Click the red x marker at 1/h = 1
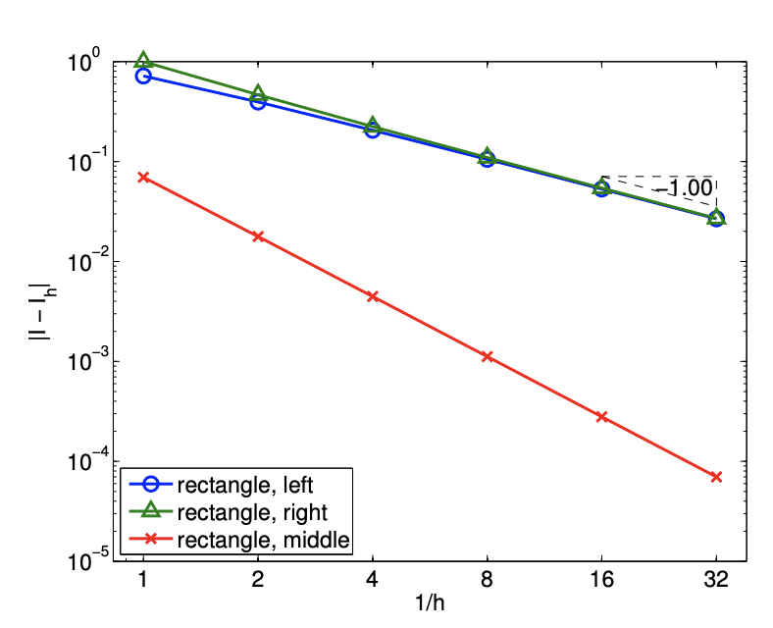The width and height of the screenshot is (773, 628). click(x=143, y=177)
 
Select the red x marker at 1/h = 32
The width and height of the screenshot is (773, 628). click(x=716, y=477)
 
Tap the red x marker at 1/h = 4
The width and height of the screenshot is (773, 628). click(x=373, y=296)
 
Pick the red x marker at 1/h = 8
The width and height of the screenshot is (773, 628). click(x=488, y=356)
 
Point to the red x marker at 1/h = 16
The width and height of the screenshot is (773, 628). click(x=602, y=417)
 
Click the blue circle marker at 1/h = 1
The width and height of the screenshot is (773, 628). click(x=143, y=76)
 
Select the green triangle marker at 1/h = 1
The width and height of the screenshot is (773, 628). click(x=143, y=60)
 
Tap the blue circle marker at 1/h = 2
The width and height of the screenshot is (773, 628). click(x=258, y=101)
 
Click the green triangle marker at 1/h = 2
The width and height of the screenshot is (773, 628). click(x=258, y=93)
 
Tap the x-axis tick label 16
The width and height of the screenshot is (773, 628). click(x=602, y=580)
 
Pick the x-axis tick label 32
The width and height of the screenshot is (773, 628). click(x=716, y=580)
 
